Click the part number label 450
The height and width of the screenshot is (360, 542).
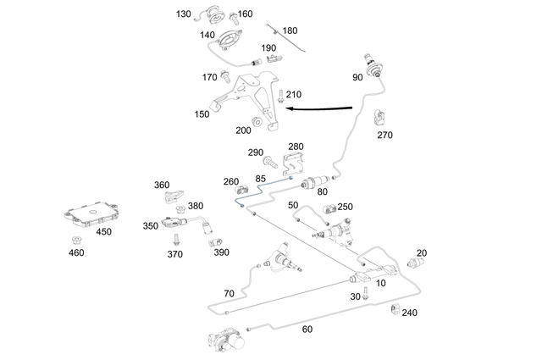pyautogui.click(x=103, y=231)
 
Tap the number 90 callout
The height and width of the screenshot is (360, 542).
pyautogui.click(x=358, y=77)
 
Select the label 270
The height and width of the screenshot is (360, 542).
pyautogui.click(x=385, y=134)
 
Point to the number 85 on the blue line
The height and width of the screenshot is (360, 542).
pyautogui.click(x=260, y=179)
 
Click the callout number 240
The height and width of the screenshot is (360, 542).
pyautogui.click(x=409, y=312)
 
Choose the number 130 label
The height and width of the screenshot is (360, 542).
pyautogui.click(x=184, y=14)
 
